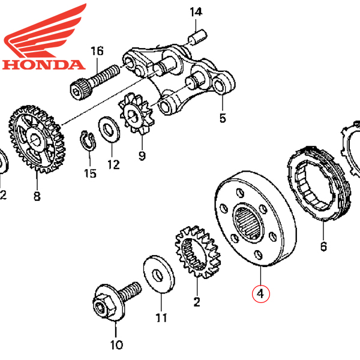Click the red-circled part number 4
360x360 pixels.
[261, 294]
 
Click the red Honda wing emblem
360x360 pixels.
[46, 30]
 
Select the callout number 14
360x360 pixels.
[196, 12]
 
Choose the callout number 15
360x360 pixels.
[89, 174]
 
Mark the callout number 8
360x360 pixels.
[37, 196]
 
